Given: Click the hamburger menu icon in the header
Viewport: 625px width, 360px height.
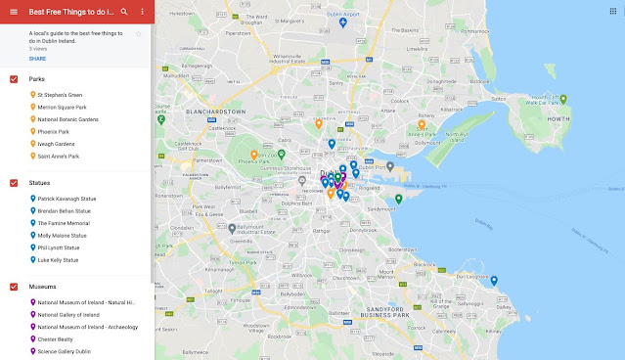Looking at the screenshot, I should (13, 11).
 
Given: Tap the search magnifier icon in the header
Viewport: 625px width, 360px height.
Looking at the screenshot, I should (124, 11).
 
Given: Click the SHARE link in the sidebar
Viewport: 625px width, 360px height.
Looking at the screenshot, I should (36, 59).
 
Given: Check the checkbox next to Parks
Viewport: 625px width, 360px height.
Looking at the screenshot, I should (14, 78).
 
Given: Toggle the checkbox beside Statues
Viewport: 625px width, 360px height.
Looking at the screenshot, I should (14, 183).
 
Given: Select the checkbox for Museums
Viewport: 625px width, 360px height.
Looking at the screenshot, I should (14, 287).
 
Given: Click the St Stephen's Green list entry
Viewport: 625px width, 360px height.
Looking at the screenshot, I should (61, 95).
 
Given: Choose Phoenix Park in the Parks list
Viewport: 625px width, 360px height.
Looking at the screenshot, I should (54, 131).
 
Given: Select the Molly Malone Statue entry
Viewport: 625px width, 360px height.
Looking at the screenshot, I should (62, 235).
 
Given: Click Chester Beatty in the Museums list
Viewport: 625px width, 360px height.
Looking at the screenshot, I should (56, 339).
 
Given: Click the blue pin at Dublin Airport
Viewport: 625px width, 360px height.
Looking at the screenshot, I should (343, 22).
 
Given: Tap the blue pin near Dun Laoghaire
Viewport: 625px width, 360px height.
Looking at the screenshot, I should (494, 281).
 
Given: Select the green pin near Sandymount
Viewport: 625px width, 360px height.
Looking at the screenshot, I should (399, 200).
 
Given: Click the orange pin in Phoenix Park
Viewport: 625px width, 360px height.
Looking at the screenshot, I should (254, 155).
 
